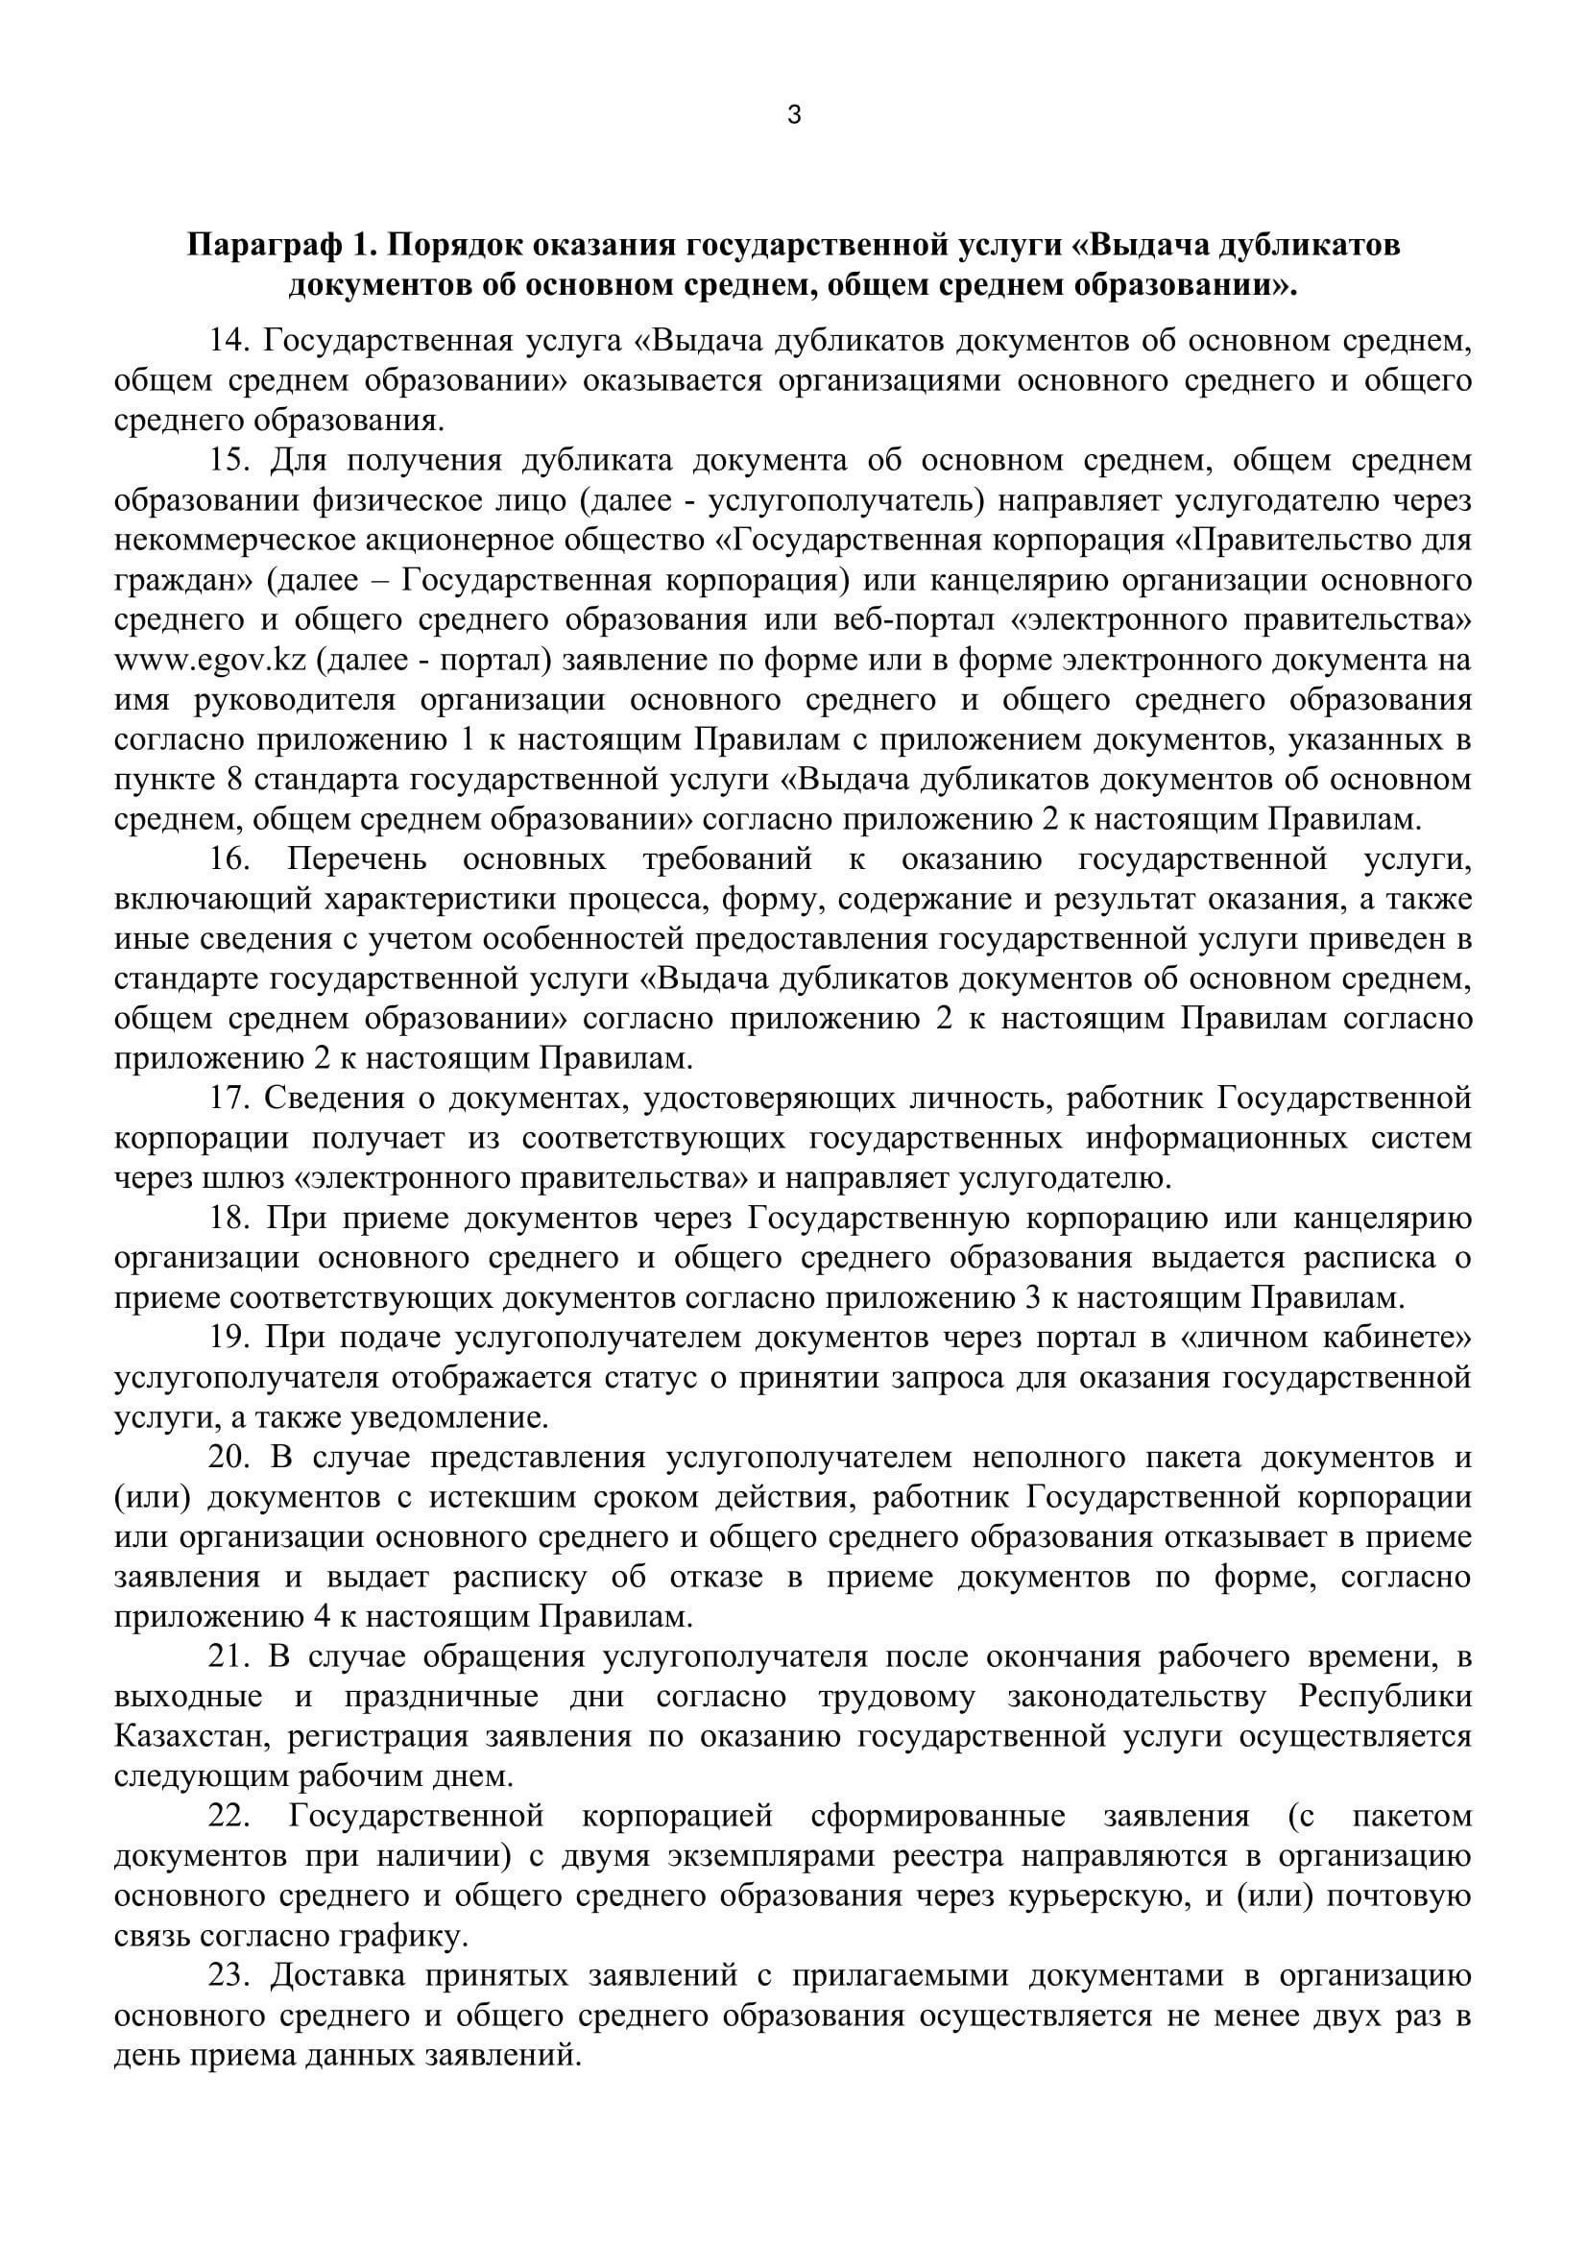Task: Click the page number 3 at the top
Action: [x=793, y=115]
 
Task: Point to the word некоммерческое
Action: [x=245, y=540]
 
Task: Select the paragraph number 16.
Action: [x=230, y=859]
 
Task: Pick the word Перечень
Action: [x=357, y=859]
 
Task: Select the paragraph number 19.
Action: [x=230, y=1339]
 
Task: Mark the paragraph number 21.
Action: [x=230, y=1657]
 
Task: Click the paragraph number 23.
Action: [x=230, y=1976]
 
